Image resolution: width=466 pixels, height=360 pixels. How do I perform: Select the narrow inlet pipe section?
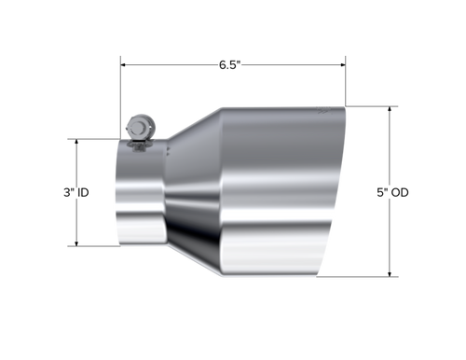[x=140, y=196]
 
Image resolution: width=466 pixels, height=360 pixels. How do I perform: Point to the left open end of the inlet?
[x=118, y=196]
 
